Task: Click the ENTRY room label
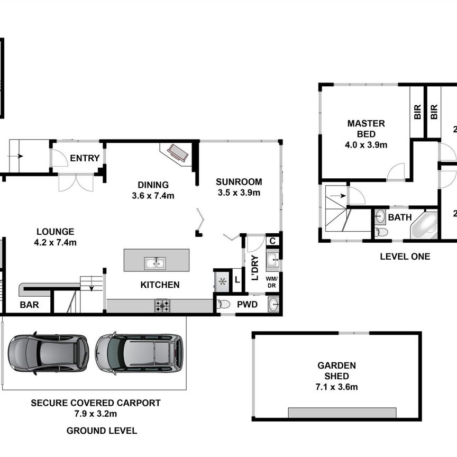85,158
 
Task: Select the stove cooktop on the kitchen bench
162,305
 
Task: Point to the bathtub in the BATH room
425,225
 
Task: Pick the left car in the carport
48,353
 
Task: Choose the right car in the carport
139,353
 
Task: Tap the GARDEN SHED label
336,371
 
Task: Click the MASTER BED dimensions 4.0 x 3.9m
366,144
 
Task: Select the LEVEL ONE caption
405,257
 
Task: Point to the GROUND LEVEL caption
102,431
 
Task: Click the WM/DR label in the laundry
271,281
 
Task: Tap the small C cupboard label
272,241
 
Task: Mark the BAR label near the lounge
28,305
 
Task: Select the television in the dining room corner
177,154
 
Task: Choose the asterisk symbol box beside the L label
222,280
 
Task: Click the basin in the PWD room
273,305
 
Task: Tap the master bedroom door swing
397,172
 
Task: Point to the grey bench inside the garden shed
342,413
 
